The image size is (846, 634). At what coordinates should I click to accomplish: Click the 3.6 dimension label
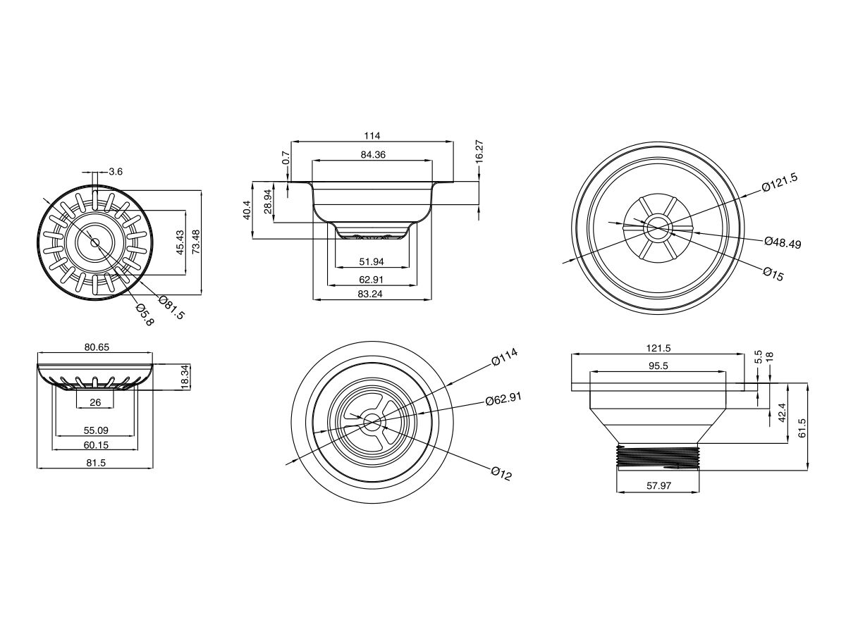[x=116, y=171]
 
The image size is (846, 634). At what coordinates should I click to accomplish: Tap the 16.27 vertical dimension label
[x=479, y=152]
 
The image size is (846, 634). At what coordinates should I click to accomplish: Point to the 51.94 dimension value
[x=372, y=261]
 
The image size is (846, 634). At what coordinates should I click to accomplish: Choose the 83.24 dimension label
[x=372, y=294]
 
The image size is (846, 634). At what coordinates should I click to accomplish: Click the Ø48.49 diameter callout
[x=783, y=242]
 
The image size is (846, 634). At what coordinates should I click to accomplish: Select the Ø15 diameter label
[x=773, y=274]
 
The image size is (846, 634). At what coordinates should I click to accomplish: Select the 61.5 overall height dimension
[x=802, y=427]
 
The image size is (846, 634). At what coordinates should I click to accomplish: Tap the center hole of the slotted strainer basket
[x=94, y=242]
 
